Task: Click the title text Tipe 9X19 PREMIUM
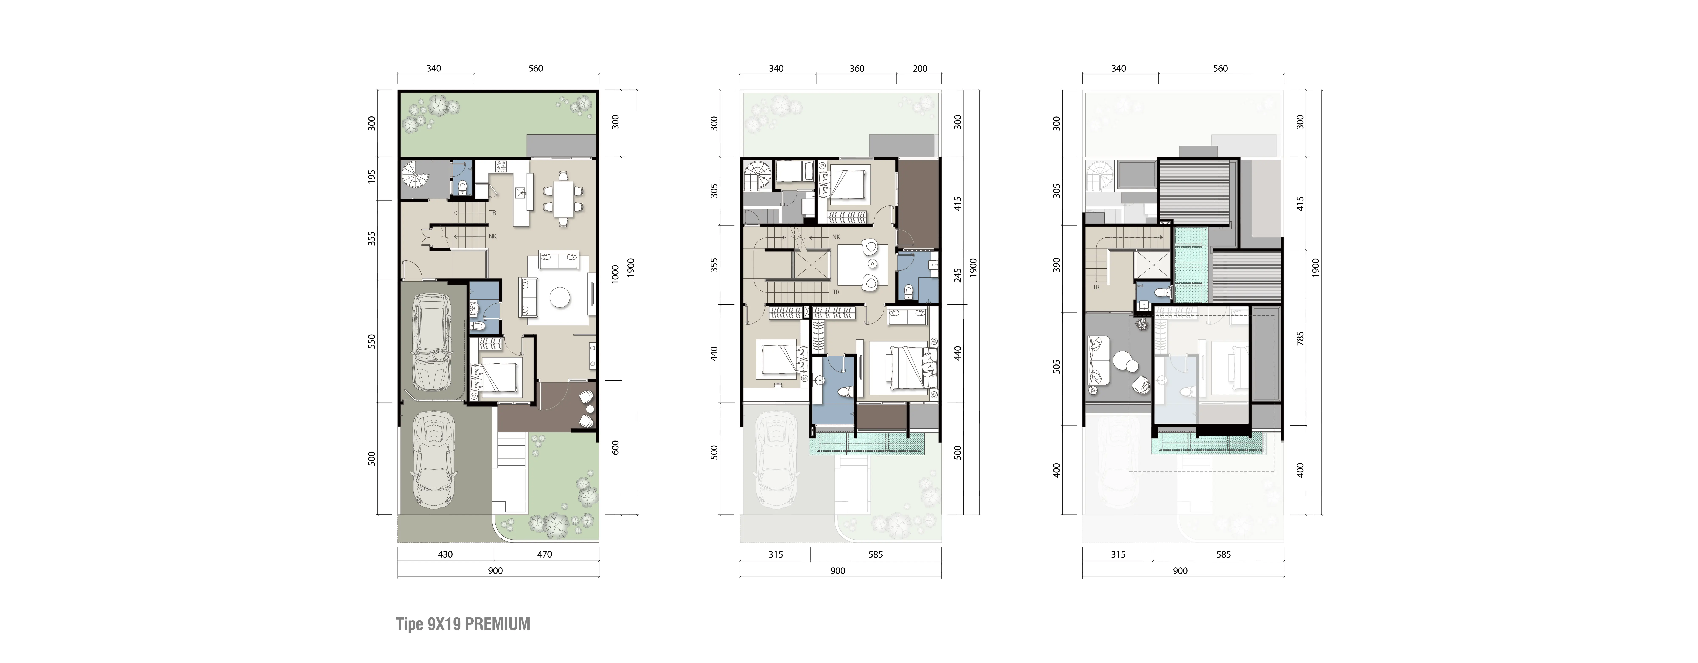point(463,624)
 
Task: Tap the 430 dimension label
point(446,554)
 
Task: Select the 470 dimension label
point(544,554)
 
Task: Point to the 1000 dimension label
point(615,273)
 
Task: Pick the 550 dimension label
point(372,341)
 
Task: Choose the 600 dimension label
point(615,447)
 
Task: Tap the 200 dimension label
point(920,69)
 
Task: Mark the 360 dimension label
point(857,69)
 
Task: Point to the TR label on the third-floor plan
point(1096,287)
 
